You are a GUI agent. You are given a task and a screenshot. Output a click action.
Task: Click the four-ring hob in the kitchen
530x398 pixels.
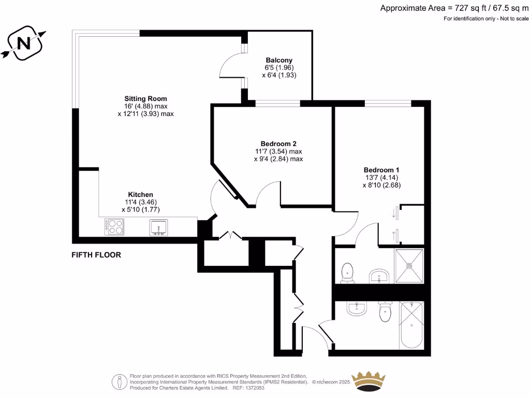tap(114, 227)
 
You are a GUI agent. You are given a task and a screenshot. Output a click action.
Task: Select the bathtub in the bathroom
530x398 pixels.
tap(411, 325)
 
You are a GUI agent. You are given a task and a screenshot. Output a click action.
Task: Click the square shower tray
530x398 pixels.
tap(409, 266)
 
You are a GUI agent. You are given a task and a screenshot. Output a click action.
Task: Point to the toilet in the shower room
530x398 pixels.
tap(347, 273)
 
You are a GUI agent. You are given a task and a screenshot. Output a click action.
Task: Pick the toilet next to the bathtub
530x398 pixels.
tap(385, 311)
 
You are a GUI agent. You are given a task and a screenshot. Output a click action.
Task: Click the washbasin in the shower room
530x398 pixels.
tap(380, 276)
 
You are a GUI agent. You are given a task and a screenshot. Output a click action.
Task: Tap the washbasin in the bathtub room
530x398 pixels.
tap(356, 309)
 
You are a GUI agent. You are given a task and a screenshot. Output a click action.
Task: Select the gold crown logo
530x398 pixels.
tap(369, 381)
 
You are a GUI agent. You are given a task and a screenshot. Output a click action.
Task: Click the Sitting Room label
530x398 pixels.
tap(145, 98)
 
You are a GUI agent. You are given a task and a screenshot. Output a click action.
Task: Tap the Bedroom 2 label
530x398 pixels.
tap(278, 144)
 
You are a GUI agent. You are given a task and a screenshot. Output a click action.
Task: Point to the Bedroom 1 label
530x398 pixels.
tap(381, 169)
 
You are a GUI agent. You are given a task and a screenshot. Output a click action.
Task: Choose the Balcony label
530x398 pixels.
tap(279, 60)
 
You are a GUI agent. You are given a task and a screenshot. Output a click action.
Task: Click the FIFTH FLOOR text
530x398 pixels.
tap(96, 255)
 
